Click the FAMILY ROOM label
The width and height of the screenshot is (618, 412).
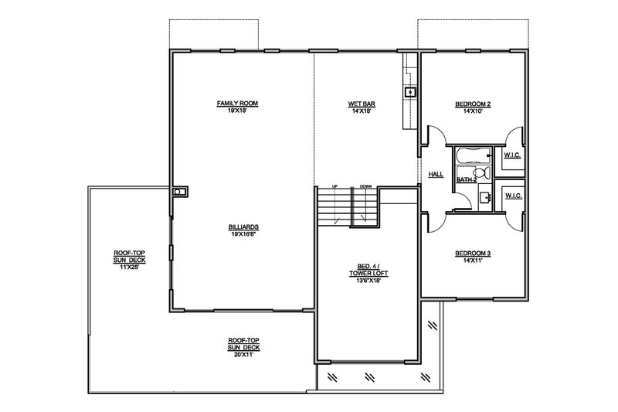click(x=237, y=104)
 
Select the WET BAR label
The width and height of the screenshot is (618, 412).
click(x=362, y=104)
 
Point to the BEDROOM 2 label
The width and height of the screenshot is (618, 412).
click(x=473, y=104)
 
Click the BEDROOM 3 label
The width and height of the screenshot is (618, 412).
click(x=473, y=253)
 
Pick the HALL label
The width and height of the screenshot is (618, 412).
click(x=436, y=174)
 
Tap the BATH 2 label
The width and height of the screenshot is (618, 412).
click(x=467, y=180)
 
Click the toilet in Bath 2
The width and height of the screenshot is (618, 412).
click(x=481, y=172)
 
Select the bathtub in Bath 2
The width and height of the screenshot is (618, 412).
click(x=473, y=155)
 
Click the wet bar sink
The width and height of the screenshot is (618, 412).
click(x=410, y=92)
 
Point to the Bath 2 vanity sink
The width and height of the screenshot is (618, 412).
click(x=485, y=197)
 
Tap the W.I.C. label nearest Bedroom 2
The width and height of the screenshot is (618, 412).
click(x=512, y=155)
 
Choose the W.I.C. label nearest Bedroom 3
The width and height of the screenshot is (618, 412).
click(x=514, y=196)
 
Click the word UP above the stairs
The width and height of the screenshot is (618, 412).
click(x=335, y=186)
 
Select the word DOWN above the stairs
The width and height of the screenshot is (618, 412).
click(x=365, y=186)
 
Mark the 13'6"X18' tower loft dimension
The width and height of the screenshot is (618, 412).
click(x=368, y=281)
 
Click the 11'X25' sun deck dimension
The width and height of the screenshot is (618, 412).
click(x=129, y=267)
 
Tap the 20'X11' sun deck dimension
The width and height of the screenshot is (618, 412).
click(x=243, y=355)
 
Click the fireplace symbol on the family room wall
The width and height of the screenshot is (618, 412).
click(x=180, y=192)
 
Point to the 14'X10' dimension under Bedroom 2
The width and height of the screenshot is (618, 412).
click(x=473, y=111)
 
